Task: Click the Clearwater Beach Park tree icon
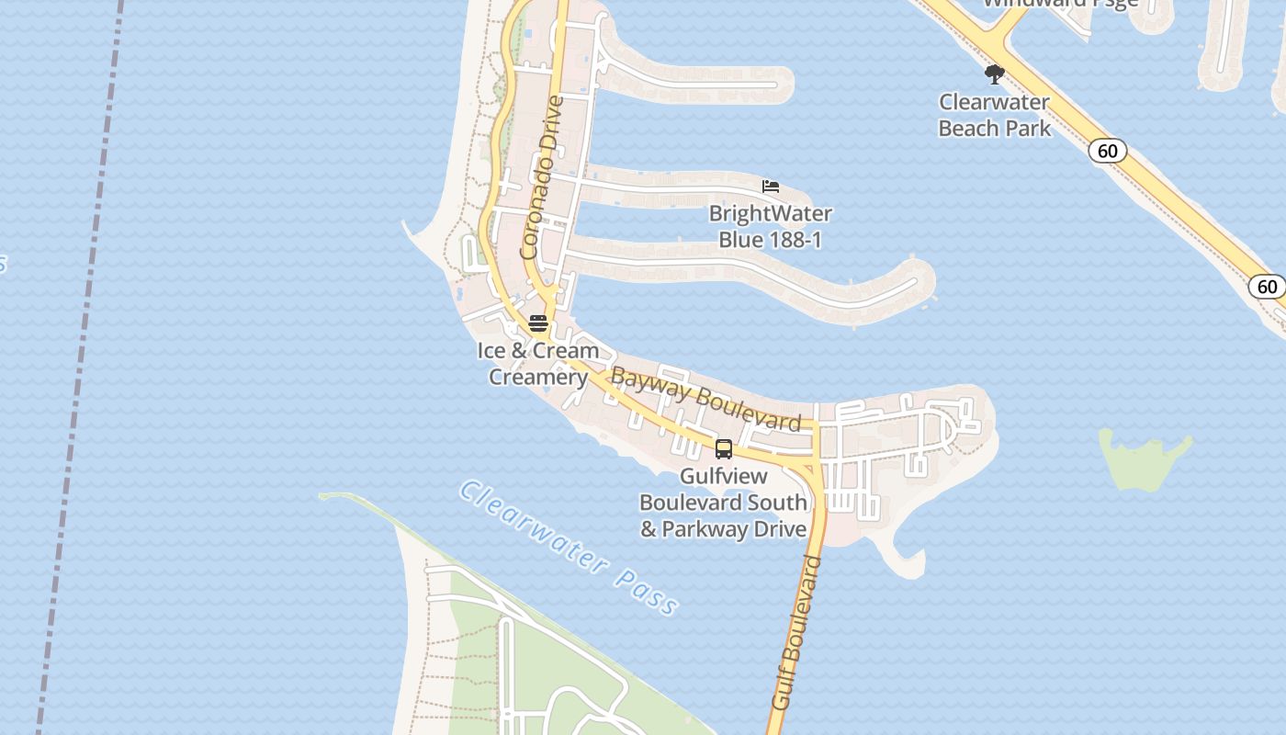tap(994, 73)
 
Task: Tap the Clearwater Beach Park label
tap(994, 115)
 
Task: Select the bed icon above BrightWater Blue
tap(771, 187)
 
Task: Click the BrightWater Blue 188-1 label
tap(770, 227)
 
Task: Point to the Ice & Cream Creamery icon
tap(538, 323)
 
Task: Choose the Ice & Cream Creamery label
tap(538, 364)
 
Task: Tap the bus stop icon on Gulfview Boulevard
tap(724, 449)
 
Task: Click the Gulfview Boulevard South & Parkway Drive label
tap(724, 503)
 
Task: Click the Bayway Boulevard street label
tap(705, 399)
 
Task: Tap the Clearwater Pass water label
tap(570, 548)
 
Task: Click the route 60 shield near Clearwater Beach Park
tap(1108, 151)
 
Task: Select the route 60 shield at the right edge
tap(1267, 287)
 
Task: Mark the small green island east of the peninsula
tap(1144, 459)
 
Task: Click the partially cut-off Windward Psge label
tap(1060, 4)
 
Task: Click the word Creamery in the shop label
tap(538, 378)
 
